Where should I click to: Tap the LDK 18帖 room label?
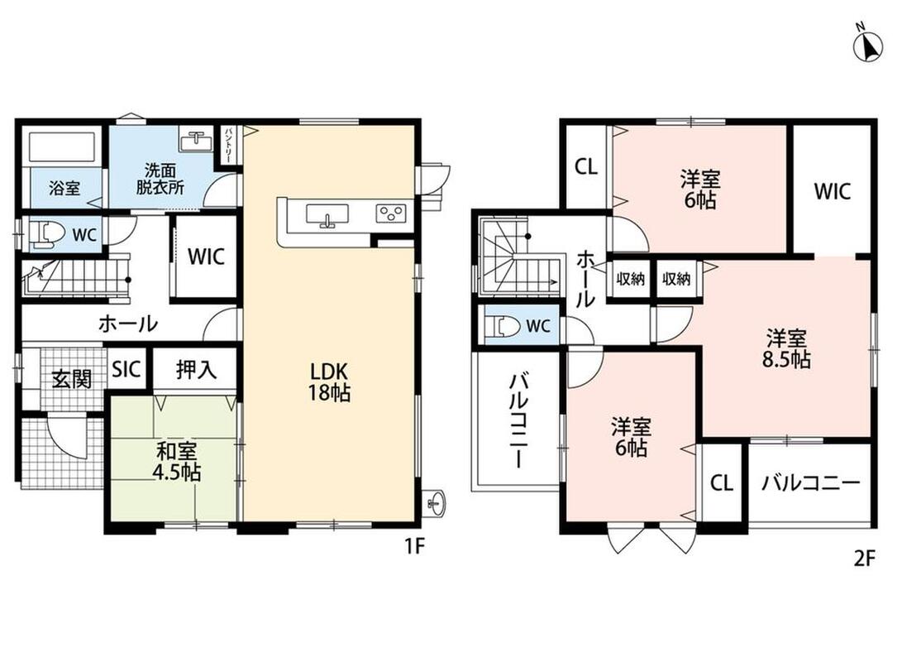(329, 381)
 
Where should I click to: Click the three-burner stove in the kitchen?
(391, 213)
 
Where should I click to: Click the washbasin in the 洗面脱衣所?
(198, 141)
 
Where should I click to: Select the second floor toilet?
(503, 326)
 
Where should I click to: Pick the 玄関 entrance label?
(72, 379)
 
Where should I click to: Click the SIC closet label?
(126, 369)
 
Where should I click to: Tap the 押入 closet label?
(196, 370)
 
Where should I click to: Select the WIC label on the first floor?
(206, 257)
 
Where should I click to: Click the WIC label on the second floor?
(832, 191)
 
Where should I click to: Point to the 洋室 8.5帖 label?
(786, 348)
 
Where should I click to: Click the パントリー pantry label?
(228, 144)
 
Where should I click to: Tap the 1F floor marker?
(414, 545)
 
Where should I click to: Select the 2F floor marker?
(864, 558)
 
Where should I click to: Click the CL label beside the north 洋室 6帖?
(586, 167)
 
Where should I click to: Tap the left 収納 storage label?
(631, 279)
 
